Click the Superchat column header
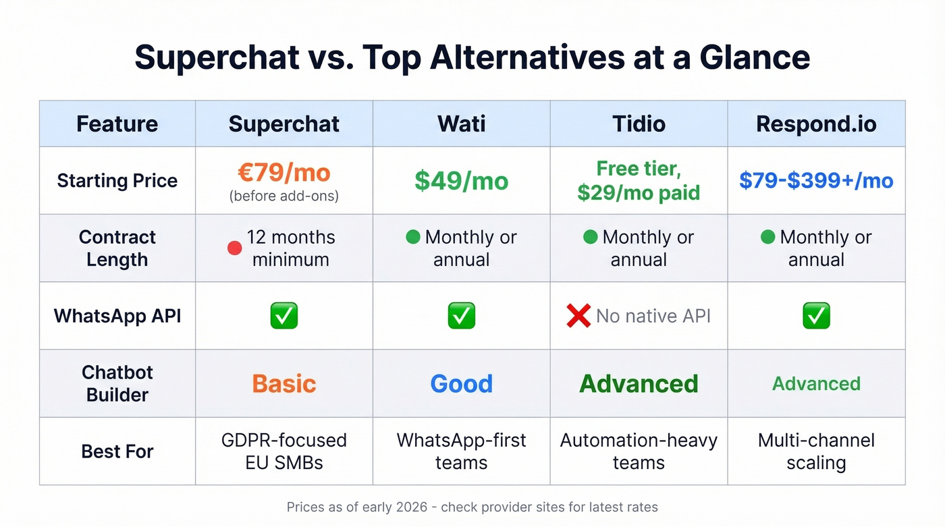coord(284,124)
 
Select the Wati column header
coord(462,124)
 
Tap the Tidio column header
coord(639,124)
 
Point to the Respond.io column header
coord(816,124)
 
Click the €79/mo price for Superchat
coord(284,173)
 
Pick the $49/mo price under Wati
coord(462,181)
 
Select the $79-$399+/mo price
coord(816,181)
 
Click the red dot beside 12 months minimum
coord(235,248)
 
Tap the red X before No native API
coord(578,316)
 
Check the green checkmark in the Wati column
coord(462,316)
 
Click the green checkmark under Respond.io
coord(816,316)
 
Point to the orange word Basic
coord(284,383)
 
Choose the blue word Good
coord(462,383)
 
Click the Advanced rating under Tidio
coord(639,383)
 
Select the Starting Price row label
coord(117,181)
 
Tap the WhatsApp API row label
coord(117,316)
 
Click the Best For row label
coord(117,451)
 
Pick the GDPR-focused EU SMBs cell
coord(284,451)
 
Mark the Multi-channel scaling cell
coord(816,451)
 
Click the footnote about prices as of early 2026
coord(472,507)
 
